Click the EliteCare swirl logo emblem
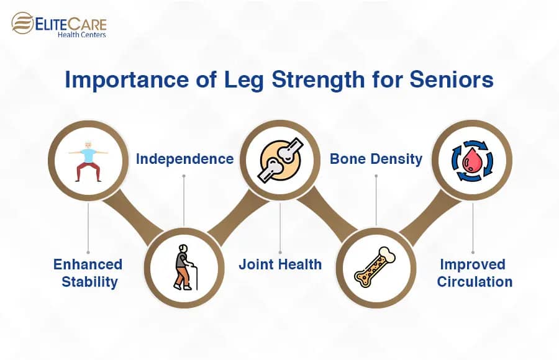coord(22,23)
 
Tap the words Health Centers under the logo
coord(81,35)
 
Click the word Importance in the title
coord(127,81)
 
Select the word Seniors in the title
coord(452,79)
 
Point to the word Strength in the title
coord(318,81)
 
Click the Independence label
coord(184,159)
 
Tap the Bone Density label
coord(376,159)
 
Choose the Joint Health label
coord(280,264)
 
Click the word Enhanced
coord(88,264)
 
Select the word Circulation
coord(475,282)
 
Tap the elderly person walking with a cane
coord(185,268)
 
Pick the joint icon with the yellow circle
coord(280,160)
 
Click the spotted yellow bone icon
coord(375,267)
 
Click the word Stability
coord(90,282)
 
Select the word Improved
coord(473,265)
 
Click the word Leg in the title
coord(244,81)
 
